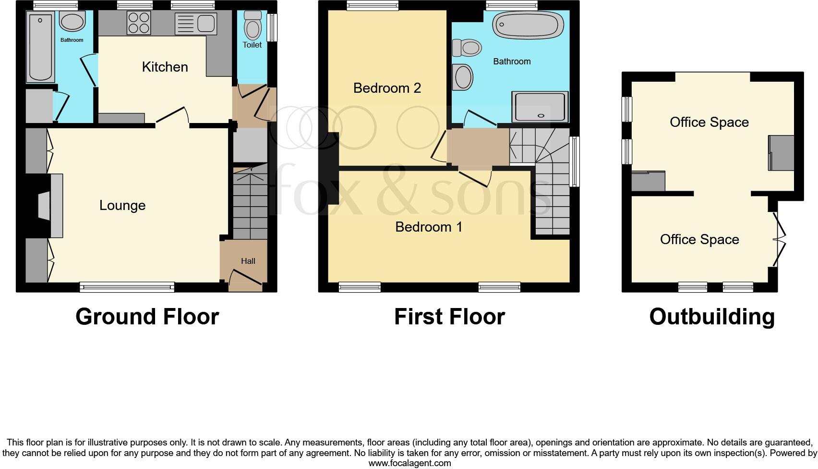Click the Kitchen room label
pos(165,67)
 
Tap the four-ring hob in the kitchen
pos(139,23)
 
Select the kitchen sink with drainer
pos(196,23)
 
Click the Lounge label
pos(122,205)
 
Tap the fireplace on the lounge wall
pos(51,206)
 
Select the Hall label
pos(248,261)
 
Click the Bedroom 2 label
pos(387,88)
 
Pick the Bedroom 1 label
pos(429,227)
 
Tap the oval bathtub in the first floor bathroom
pos(529,25)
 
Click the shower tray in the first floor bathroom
pos(541,107)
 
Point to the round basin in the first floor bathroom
pos(463,77)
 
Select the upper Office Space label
pos(709,122)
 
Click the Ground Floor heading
pos(147,317)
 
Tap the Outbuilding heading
pos(712,317)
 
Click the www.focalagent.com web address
pos(409,463)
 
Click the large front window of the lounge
pos(127,287)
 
